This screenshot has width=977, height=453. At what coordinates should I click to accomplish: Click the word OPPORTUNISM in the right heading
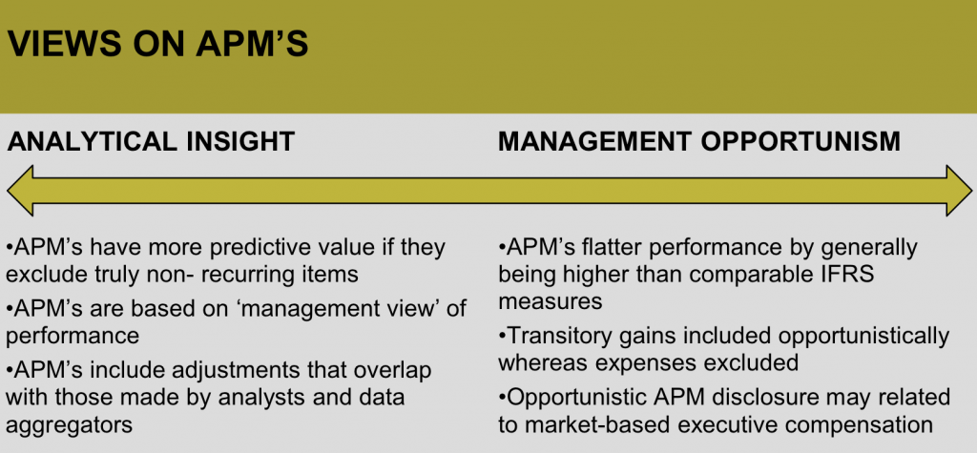[x=800, y=142]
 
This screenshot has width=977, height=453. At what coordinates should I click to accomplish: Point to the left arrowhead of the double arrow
[x=20, y=191]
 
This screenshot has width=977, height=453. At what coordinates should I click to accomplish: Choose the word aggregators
[x=69, y=425]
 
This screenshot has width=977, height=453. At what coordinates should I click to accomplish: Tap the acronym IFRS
[x=852, y=274]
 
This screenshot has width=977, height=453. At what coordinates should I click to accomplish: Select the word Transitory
[x=560, y=337]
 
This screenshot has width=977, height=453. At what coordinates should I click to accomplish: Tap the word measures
[x=551, y=301]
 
